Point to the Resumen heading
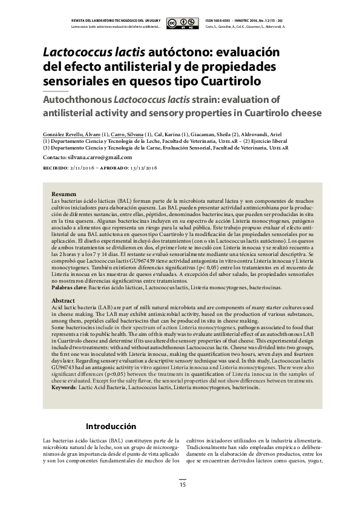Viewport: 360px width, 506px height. click(x=64, y=193)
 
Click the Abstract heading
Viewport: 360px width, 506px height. click(x=63, y=300)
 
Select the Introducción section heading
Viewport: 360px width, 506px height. click(x=111, y=426)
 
